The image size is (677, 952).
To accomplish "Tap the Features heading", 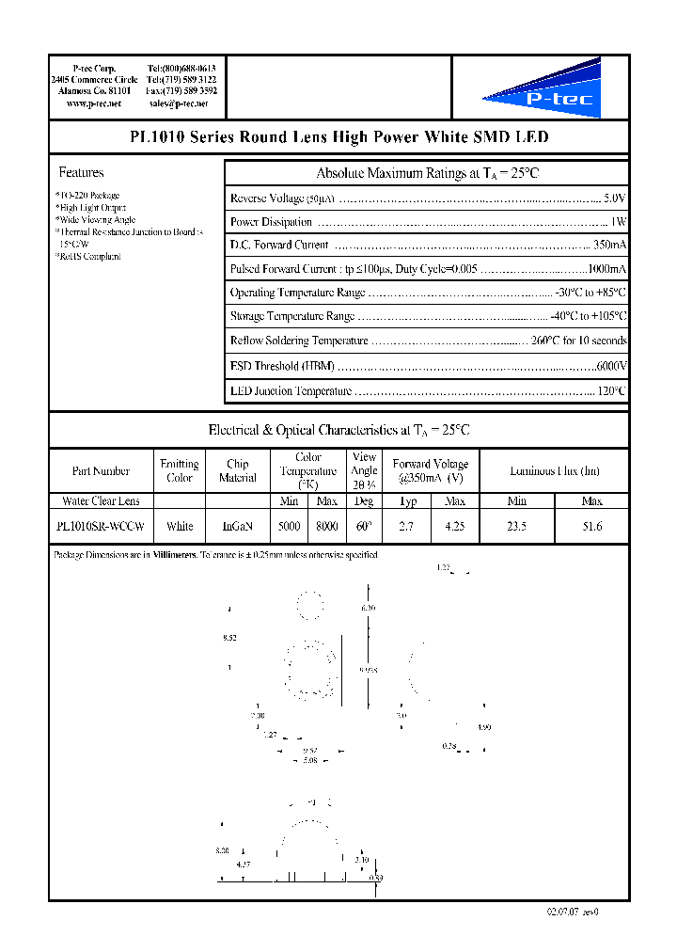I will (x=81, y=173).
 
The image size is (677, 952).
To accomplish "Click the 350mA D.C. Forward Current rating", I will (x=608, y=245).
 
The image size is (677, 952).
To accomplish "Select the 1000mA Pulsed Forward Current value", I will (x=606, y=269).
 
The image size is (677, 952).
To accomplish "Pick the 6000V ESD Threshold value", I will (x=611, y=366).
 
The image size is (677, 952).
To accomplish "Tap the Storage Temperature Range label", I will (x=292, y=317).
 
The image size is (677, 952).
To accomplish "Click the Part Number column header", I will (x=101, y=471).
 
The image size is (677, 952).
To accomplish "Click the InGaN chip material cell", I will (x=237, y=527).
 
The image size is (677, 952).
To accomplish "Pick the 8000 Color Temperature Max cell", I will (x=326, y=527).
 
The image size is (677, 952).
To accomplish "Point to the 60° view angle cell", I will (x=364, y=527).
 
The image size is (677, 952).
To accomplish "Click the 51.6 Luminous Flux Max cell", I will (x=591, y=527).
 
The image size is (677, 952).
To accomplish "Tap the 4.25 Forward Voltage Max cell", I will (x=454, y=527).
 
